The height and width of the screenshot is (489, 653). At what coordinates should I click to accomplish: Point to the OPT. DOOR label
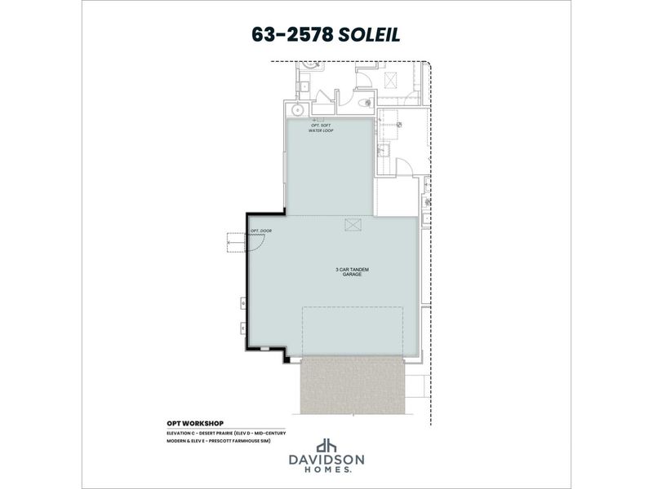coord(261,230)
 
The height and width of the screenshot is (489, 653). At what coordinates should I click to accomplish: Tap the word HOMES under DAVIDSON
coord(326,470)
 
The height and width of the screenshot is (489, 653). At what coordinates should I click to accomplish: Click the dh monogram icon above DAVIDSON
coord(326,445)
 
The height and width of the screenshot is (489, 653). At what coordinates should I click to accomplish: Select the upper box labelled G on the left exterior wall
coord(242,303)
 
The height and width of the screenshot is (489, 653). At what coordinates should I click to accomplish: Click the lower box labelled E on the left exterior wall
coord(242,329)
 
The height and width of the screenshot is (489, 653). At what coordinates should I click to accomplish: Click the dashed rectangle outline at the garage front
coord(353,331)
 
